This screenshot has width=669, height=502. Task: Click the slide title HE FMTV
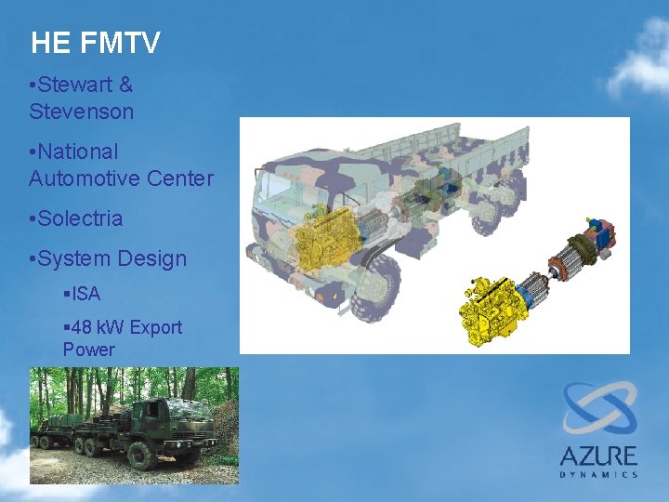pyautogui.click(x=95, y=43)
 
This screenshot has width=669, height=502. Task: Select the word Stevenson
pyautogui.click(x=81, y=112)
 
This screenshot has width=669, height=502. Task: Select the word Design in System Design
pyautogui.click(x=152, y=258)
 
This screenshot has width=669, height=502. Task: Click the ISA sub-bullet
pyautogui.click(x=85, y=294)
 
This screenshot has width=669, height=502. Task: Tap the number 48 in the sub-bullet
pyautogui.click(x=80, y=327)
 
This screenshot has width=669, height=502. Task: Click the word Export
pyautogui.click(x=156, y=327)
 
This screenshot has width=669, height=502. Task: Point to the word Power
pyautogui.click(x=88, y=350)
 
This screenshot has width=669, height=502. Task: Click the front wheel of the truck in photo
pyautogui.click(x=142, y=456)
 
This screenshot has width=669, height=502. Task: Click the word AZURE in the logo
pyautogui.click(x=598, y=456)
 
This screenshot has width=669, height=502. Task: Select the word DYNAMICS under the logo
pyautogui.click(x=598, y=474)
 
